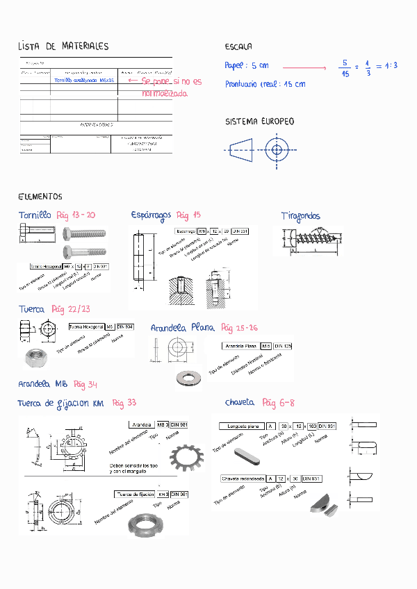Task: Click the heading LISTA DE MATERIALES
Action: (x=63, y=47)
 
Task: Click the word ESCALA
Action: (x=238, y=47)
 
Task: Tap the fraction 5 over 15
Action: (x=345, y=67)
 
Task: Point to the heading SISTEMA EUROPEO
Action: (x=259, y=122)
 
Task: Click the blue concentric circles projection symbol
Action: (x=277, y=149)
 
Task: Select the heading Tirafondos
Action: (x=300, y=216)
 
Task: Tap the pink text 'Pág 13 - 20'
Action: (x=76, y=215)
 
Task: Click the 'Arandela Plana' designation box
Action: (x=240, y=346)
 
